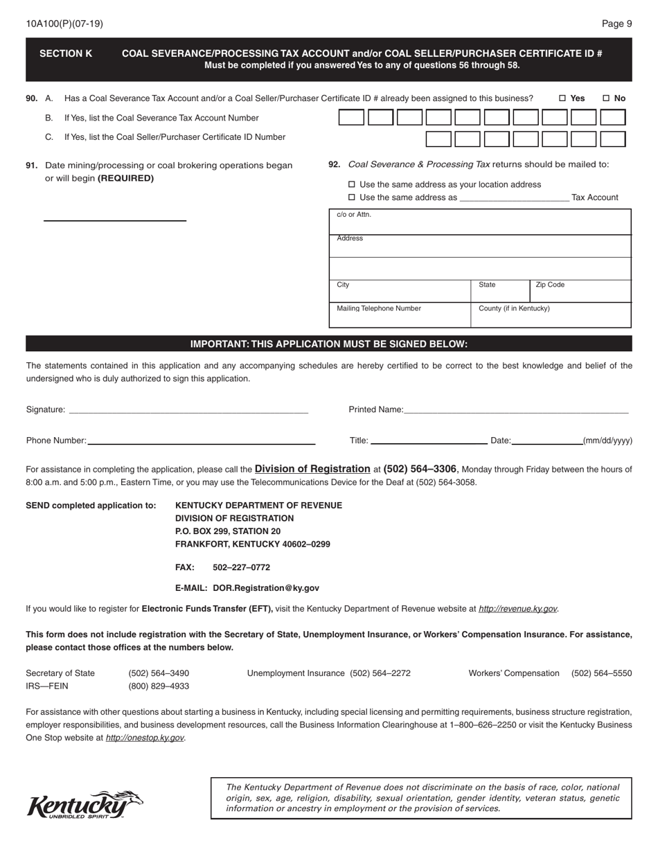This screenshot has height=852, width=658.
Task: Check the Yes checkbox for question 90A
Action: coord(562,98)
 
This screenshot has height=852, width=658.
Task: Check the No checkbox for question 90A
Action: coord(606,98)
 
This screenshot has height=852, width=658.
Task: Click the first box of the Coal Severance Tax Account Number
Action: coord(351,118)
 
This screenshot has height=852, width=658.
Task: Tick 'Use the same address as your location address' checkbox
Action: coord(351,184)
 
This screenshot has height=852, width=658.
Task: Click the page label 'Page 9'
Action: coord(616,24)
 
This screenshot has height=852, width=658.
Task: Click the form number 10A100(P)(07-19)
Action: coord(64,24)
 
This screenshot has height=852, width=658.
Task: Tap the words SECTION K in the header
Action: coord(66,53)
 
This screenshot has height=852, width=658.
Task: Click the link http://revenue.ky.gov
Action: coord(517,609)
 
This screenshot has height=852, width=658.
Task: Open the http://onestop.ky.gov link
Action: coord(144,738)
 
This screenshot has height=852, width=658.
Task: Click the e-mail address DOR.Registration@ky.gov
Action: coord(266,588)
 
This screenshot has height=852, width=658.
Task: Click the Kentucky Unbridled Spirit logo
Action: coord(85,805)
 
